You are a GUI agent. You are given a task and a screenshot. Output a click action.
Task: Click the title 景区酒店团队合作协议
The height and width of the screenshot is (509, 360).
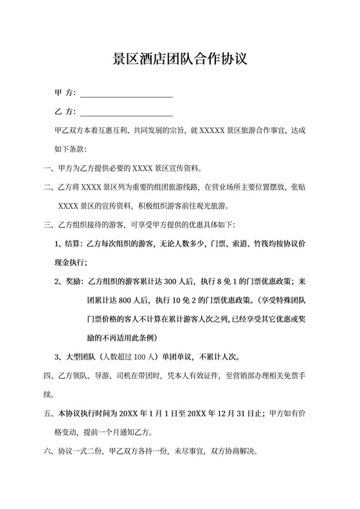click(180, 59)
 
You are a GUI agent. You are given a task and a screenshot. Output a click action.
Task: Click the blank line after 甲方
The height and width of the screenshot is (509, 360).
click(126, 95)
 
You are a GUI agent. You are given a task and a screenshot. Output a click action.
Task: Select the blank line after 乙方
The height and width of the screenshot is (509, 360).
click(126, 114)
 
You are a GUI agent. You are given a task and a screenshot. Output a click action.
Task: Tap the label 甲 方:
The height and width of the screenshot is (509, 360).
click(66, 93)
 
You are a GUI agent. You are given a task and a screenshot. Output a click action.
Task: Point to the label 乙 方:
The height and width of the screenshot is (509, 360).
click(66, 112)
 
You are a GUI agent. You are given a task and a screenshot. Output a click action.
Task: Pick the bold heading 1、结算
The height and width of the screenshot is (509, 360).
click(69, 244)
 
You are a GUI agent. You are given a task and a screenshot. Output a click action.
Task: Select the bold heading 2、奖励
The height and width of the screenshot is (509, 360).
click(69, 281)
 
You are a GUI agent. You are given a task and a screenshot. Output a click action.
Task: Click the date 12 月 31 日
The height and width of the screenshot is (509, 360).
click(237, 413)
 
